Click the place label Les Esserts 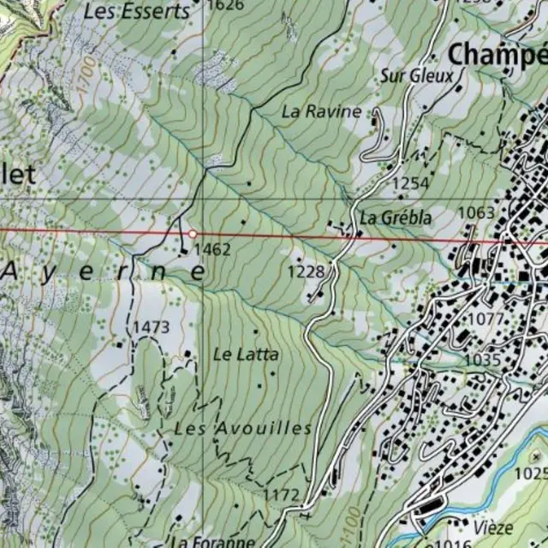click(x=137, y=11)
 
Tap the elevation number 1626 click(x=225, y=5)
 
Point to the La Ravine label click(x=322, y=111)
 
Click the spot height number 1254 click(x=410, y=182)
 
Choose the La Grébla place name click(x=396, y=217)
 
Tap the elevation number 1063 click(x=477, y=212)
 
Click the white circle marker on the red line click(x=194, y=234)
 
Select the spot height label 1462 click(x=212, y=249)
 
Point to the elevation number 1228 click(x=306, y=271)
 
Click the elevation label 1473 click(x=151, y=327)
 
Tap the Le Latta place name click(x=246, y=353)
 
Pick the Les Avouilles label click(x=243, y=428)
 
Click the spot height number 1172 click(x=282, y=495)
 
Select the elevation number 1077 click(x=487, y=319)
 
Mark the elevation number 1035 click(x=482, y=360)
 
